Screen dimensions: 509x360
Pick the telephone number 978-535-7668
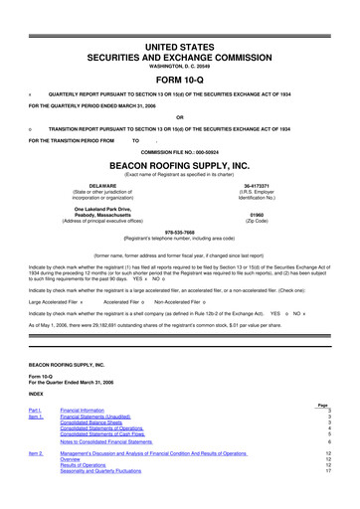point(180,235)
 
